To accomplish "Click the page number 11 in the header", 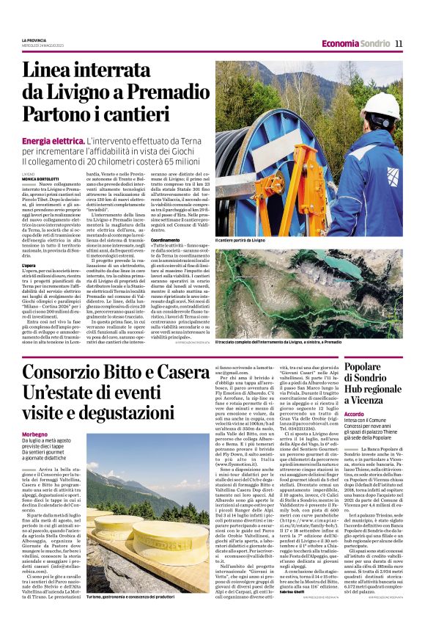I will (399, 43).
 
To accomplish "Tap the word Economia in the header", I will (340, 43).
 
